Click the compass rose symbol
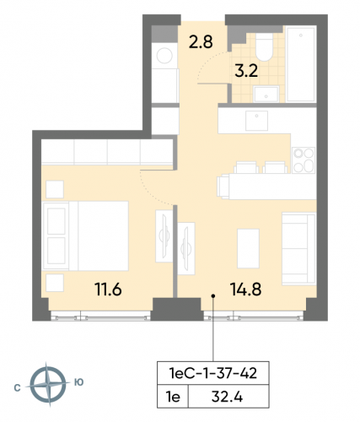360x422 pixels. pos(49,385)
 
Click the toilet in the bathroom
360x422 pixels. pos(261,47)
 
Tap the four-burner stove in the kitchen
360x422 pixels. pos(303,158)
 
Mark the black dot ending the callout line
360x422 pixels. pos(213,295)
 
